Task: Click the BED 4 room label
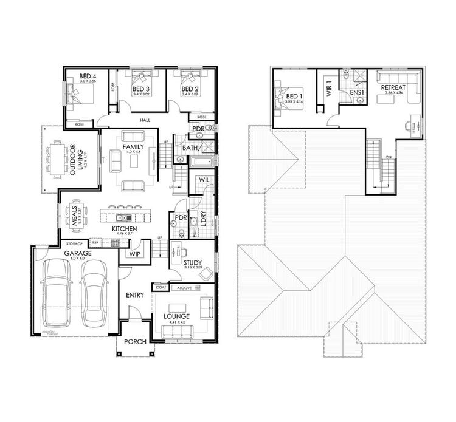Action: coord(78,76)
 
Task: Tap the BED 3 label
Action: coord(142,90)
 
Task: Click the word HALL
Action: coord(145,120)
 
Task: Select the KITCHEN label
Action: coord(124,228)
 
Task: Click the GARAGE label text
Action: coord(79,253)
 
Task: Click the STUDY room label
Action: coord(193,263)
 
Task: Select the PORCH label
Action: coord(134,341)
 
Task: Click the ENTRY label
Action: coord(134,295)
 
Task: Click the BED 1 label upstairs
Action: coord(294,97)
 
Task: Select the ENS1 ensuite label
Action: coord(357,93)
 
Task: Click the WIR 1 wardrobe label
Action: coord(328,90)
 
